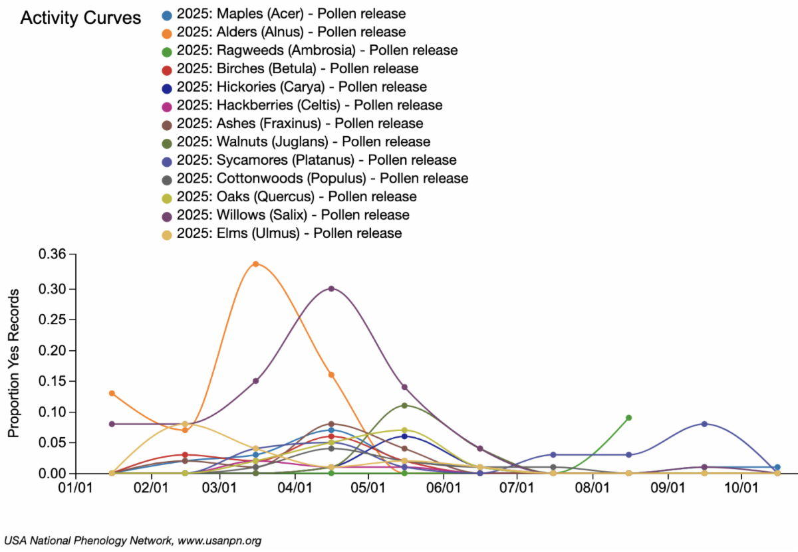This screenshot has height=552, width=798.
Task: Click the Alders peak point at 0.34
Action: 255,264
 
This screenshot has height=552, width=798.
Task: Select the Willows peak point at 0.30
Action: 331,288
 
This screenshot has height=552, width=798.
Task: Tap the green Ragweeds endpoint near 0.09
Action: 628,418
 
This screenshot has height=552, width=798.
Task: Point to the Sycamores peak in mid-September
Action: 704,424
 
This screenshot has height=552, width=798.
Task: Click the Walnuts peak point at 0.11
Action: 404,405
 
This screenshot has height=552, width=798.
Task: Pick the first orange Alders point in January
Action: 112,393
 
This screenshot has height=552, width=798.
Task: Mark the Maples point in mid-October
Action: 777,467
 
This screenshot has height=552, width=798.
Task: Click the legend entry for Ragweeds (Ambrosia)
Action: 317,50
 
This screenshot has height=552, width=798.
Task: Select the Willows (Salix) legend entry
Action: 293,215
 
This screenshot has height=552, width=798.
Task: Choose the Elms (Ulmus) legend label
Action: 289,233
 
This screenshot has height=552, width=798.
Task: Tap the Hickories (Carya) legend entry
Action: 302,87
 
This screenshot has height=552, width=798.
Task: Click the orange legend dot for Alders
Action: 168,33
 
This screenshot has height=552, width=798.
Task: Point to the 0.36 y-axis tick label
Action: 53,254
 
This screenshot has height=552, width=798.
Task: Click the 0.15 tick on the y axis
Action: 53,381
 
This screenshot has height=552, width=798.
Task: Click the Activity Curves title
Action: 80,18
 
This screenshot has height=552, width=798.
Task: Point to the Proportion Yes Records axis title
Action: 13,363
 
